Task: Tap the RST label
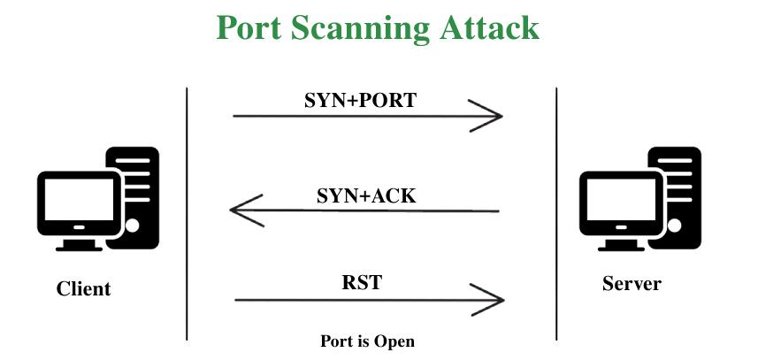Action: coord(362,284)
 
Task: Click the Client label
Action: coord(84,288)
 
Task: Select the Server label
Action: coord(632,284)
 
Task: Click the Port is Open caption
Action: coord(367,341)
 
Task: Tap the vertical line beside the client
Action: coord(188,212)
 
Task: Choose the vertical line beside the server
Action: coord(556,212)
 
